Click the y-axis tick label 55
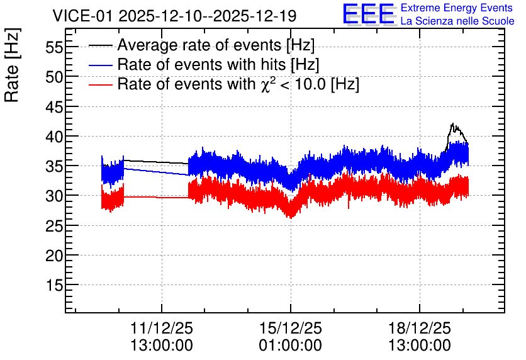pyautogui.click(x=54, y=47)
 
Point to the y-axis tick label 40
pyautogui.click(x=54, y=137)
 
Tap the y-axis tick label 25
pyautogui.click(x=54, y=226)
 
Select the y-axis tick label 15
pyautogui.click(x=54, y=286)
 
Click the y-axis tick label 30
pyautogui.click(x=54, y=196)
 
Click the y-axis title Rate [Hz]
pyautogui.click(x=12, y=65)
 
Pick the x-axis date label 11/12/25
pyautogui.click(x=161, y=328)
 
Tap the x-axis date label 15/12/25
pyautogui.click(x=291, y=328)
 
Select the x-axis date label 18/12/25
pyautogui.click(x=420, y=328)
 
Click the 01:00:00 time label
pyautogui.click(x=291, y=346)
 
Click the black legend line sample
pyautogui.click(x=100, y=45)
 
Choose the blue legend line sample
pyautogui.click(x=100, y=65)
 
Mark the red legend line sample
pyautogui.click(x=100, y=84)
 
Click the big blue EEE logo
pyautogui.click(x=369, y=14)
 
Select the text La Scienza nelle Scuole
pyautogui.click(x=457, y=21)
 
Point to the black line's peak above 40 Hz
pyautogui.click(x=452, y=123)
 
